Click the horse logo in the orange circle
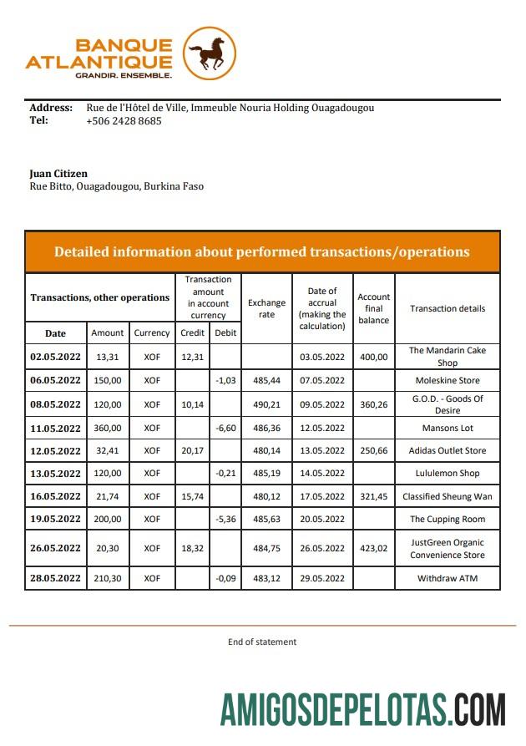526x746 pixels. (210, 54)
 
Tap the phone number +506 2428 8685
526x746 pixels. (124, 120)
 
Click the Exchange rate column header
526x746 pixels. (266, 308)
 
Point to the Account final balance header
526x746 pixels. (373, 308)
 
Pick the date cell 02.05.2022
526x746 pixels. (56, 357)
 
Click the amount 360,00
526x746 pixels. (108, 428)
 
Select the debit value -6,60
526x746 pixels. (225, 428)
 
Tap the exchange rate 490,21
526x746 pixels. (266, 404)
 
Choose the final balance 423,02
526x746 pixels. (373, 549)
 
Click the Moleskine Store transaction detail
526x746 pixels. (447, 380)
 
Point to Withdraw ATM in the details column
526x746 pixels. (447, 578)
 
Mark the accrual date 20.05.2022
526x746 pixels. (321, 519)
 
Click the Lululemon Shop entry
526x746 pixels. (447, 474)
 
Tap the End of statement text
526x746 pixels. (262, 642)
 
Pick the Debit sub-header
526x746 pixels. (225, 332)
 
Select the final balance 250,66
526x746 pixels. (373, 451)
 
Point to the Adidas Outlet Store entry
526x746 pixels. (447, 451)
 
